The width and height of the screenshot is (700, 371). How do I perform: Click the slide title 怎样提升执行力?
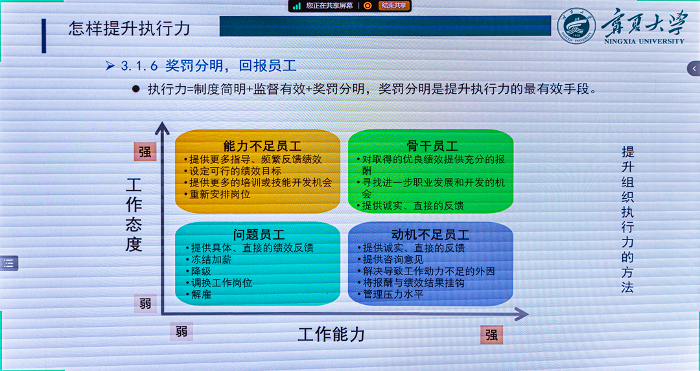[130, 28]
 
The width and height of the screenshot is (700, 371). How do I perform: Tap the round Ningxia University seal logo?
[576, 28]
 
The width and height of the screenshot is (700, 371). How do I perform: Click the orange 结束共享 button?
[394, 6]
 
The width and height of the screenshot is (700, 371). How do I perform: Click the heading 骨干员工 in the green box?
[432, 146]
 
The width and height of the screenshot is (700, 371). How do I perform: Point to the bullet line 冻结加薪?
[211, 260]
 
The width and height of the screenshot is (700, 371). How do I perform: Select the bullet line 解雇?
[202, 295]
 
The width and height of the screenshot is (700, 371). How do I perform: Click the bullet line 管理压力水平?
[393, 295]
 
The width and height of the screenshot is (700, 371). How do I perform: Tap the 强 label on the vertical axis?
[145, 152]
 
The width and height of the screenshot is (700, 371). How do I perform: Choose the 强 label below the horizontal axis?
[492, 335]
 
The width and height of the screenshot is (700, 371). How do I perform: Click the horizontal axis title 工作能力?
[331, 335]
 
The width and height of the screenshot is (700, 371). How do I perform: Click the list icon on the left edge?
[8, 263]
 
